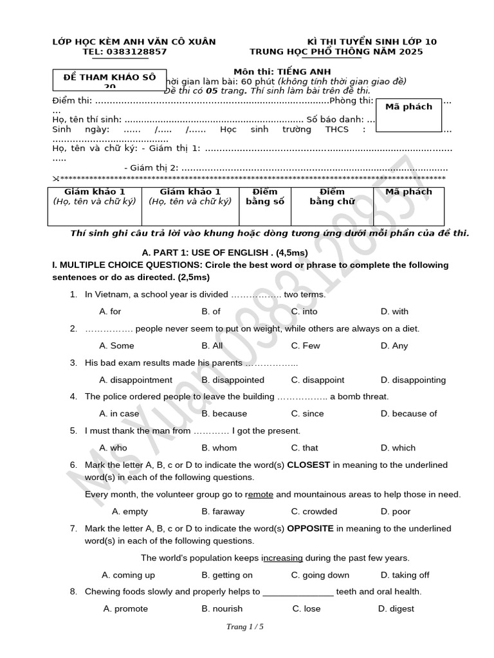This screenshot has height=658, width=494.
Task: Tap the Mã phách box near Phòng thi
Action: pyautogui.click(x=408, y=107)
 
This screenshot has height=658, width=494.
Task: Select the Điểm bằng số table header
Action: pyautogui.click(x=264, y=197)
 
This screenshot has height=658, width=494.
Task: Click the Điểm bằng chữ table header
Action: pyautogui.click(x=332, y=197)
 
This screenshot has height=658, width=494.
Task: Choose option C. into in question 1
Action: pyautogui.click(x=304, y=312)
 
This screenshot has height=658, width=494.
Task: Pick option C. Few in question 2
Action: pyautogui.click(x=306, y=346)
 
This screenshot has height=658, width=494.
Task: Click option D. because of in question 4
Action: pyautogui.click(x=408, y=414)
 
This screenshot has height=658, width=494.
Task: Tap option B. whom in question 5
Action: pyautogui.click(x=219, y=448)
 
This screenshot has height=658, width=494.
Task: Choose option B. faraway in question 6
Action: pyautogui.click(x=223, y=511)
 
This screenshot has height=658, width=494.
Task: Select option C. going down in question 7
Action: pyautogui.click(x=320, y=575)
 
